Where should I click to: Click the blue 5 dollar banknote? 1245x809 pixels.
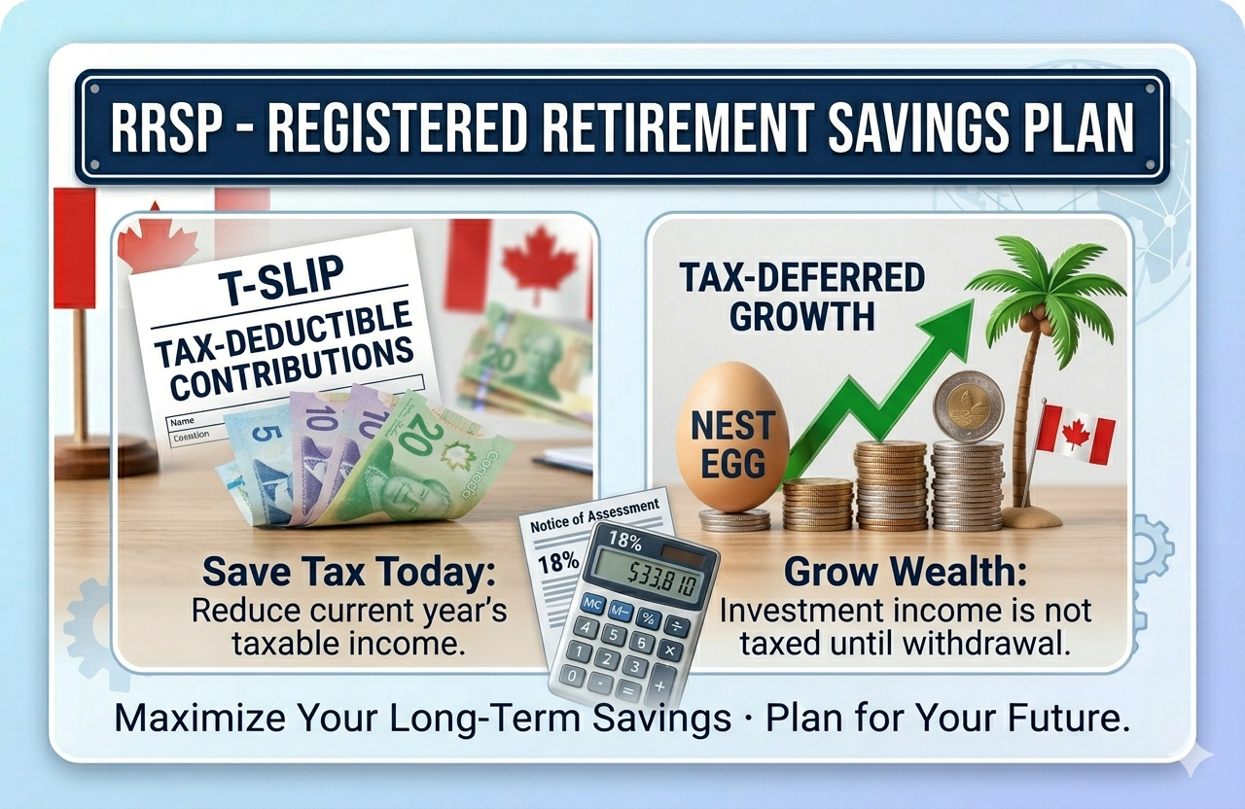(255, 457)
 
